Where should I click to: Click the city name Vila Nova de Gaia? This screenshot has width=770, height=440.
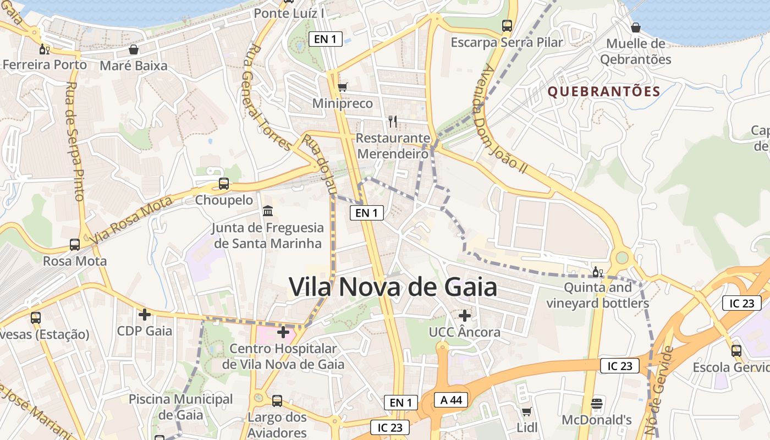coord(393,287)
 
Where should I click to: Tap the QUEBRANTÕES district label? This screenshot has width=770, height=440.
coord(604,92)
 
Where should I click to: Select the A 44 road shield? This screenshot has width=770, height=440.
coord(451,400)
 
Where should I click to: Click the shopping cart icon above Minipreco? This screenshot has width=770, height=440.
coord(342,87)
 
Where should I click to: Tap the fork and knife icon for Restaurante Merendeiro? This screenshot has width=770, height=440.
coord(392,122)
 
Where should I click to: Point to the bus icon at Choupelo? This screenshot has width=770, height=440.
coord(224,184)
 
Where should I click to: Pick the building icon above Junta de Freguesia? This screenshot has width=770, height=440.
coord(268,211)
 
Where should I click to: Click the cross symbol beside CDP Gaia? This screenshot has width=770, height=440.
coord(145,315)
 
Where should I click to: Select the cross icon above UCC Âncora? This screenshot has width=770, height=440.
coord(465,316)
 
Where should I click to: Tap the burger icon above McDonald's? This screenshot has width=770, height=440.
coord(597,404)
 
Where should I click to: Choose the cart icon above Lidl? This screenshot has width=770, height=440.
coord(526,411)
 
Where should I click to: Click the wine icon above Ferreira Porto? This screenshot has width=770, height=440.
coord(44,50)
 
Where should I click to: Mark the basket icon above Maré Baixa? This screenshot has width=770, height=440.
coord(134,50)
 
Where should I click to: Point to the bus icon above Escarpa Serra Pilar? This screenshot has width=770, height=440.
coord(507,26)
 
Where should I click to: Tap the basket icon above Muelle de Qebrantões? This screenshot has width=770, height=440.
coord(636,28)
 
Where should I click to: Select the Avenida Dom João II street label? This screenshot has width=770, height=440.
coord(503,119)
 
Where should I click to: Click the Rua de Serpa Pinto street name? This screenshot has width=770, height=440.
coord(74,141)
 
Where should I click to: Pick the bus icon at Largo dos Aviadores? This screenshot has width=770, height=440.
coord(277,400)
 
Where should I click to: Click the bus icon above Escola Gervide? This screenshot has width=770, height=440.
coord(736,350)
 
